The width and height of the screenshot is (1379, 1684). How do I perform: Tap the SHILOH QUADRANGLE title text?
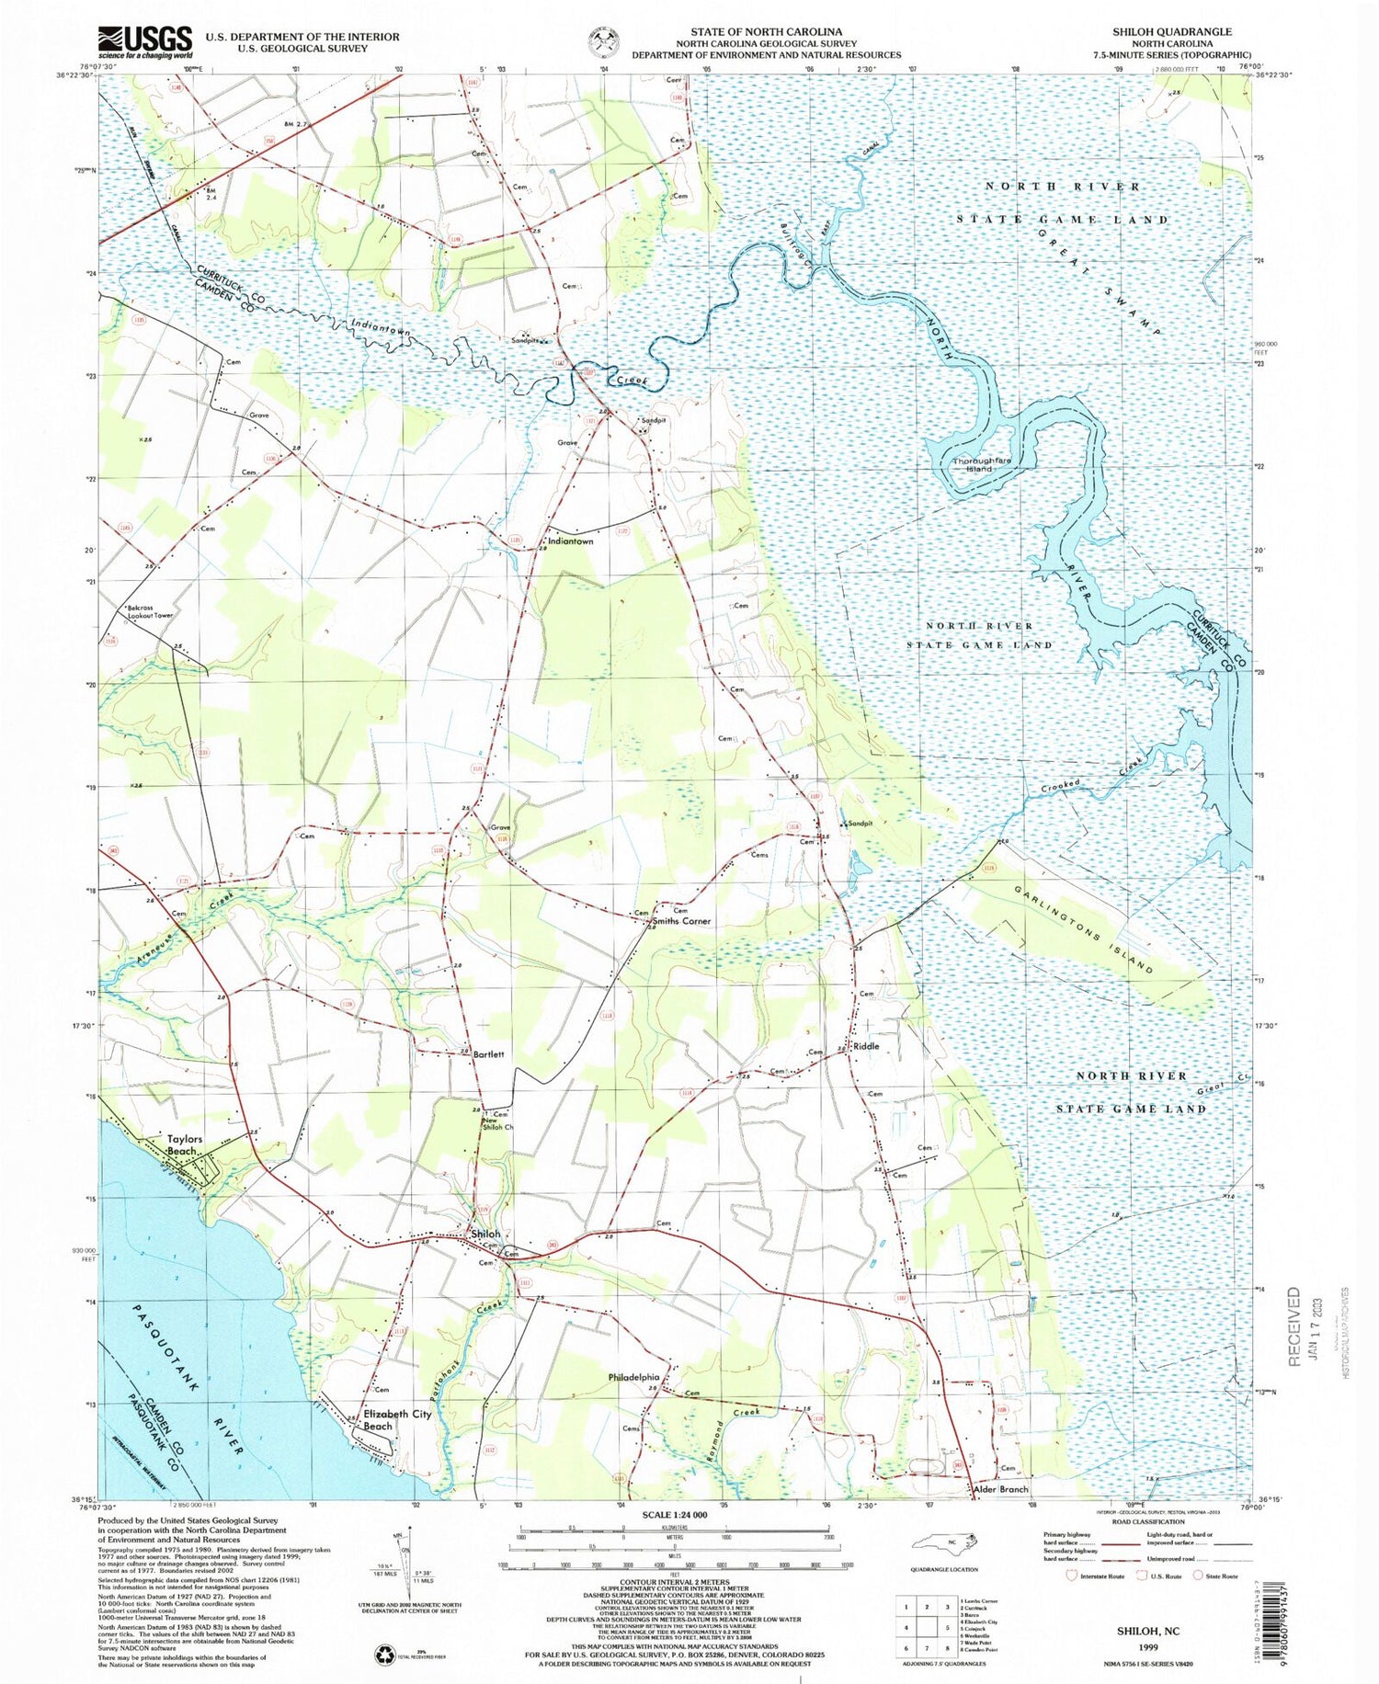coord(1171,31)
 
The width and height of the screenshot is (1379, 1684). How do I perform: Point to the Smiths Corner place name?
coord(681,921)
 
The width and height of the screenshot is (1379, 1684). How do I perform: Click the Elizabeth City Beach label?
coord(397,1420)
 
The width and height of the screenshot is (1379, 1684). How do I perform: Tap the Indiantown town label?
coord(571,541)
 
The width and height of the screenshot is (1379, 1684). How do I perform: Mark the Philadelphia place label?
coord(633,1377)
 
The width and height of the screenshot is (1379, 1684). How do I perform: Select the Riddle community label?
coord(866,1046)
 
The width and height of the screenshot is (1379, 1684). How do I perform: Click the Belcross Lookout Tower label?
coord(150,611)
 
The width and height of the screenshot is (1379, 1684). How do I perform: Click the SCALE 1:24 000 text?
coord(674,1514)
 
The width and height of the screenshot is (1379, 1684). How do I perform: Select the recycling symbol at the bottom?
coord(384,1655)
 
